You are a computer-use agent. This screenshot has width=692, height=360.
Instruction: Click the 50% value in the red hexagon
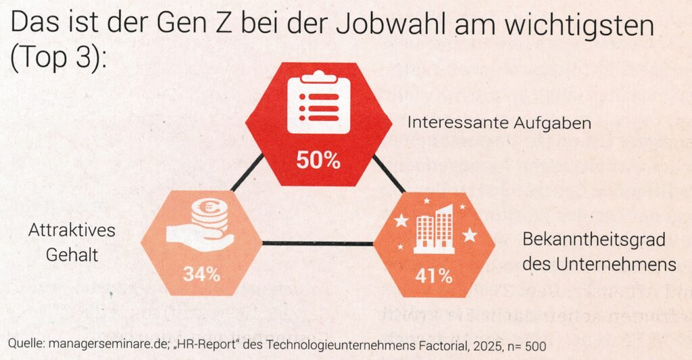(x=318, y=161)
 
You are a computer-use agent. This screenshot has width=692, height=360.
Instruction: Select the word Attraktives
(x=72, y=230)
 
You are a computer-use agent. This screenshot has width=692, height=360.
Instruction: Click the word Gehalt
(x=72, y=255)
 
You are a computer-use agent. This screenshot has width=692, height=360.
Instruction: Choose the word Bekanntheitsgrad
(x=595, y=240)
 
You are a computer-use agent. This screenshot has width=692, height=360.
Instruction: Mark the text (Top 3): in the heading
(x=59, y=59)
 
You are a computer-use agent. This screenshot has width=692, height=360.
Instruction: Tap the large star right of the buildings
(x=469, y=234)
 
